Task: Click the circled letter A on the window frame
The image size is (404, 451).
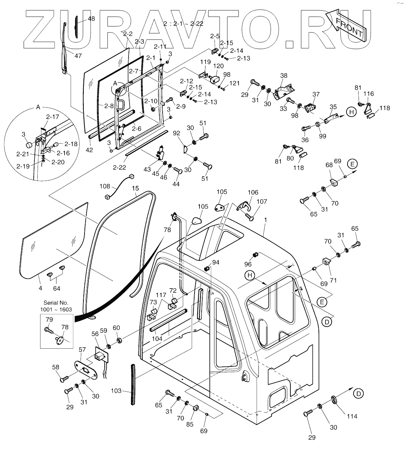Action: (115, 83)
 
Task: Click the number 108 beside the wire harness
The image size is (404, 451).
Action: (105, 186)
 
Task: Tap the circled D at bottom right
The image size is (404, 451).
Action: (359, 393)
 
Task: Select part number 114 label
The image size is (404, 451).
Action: (352, 416)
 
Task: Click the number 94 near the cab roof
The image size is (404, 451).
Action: (215, 262)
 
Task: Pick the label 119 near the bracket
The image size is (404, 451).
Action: (205, 62)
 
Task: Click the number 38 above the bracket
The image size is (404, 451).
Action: (284, 76)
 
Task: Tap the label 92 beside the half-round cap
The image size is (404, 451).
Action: (176, 134)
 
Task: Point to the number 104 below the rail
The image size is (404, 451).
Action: (157, 339)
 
